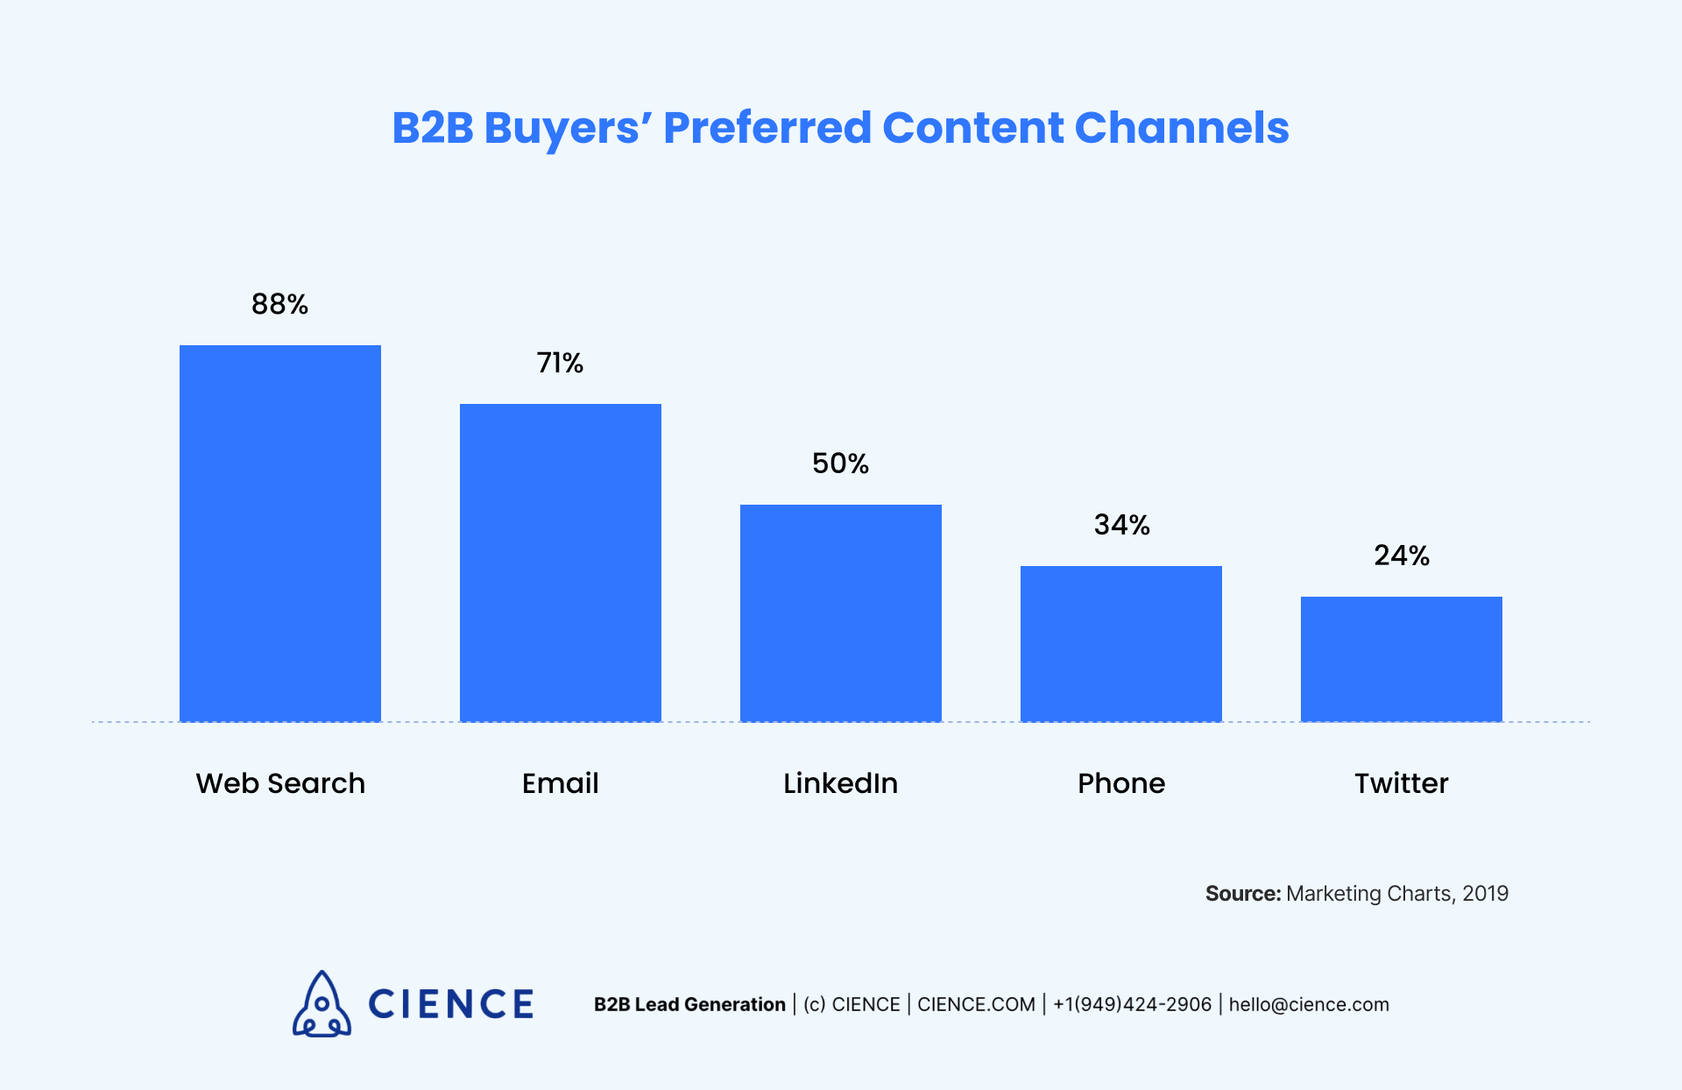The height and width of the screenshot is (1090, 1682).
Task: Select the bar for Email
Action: [x=561, y=563]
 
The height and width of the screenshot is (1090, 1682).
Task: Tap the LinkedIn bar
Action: [x=841, y=612]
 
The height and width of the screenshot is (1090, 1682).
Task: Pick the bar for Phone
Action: [x=1121, y=643]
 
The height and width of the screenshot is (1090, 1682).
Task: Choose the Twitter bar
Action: [x=1402, y=659]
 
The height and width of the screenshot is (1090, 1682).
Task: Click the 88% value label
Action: [x=279, y=304]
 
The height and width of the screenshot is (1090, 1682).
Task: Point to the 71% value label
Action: [x=560, y=363]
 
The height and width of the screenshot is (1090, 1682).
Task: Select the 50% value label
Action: [x=840, y=464]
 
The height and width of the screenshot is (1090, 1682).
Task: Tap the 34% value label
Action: [x=1121, y=525]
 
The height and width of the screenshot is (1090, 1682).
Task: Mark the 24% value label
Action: [x=1402, y=556]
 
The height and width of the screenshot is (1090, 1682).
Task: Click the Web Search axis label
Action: [x=280, y=782]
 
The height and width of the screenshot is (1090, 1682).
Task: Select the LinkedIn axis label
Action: [x=840, y=782]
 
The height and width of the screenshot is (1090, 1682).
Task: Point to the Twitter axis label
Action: [x=1402, y=782]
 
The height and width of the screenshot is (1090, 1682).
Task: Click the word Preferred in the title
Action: [x=767, y=128]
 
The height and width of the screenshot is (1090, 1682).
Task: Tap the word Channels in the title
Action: [x=1181, y=128]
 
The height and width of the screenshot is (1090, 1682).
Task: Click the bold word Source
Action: [x=1242, y=894]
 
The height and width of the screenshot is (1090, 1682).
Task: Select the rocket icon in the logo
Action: [x=322, y=1005]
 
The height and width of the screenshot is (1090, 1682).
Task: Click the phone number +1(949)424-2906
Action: [x=1132, y=1004]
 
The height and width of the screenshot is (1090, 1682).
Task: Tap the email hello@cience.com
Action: [x=1309, y=1004]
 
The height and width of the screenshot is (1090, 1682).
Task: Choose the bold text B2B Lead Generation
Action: [x=689, y=1004]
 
